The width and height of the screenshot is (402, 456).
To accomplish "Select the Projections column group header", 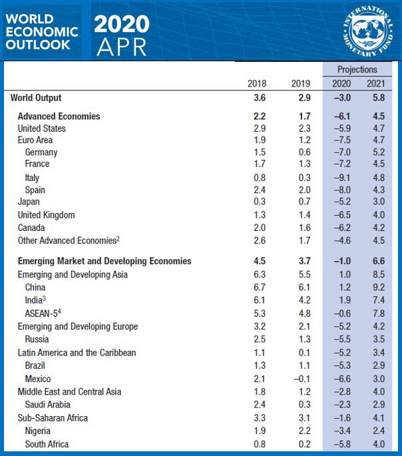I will tap(357, 69).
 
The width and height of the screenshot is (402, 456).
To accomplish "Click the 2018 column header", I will tap(257, 84).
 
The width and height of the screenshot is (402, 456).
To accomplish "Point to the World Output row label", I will tap(36, 99).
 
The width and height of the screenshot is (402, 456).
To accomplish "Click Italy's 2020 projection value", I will tap(341, 178).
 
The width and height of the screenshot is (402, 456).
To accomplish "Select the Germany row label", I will tap(41, 152).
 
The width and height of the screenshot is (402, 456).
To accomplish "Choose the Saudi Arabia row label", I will tap(47, 404).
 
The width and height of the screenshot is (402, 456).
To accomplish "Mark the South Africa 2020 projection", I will tap(341, 444).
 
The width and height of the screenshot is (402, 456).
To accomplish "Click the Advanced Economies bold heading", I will tap(59, 116).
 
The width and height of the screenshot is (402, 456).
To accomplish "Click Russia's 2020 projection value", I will tap(341, 340).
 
